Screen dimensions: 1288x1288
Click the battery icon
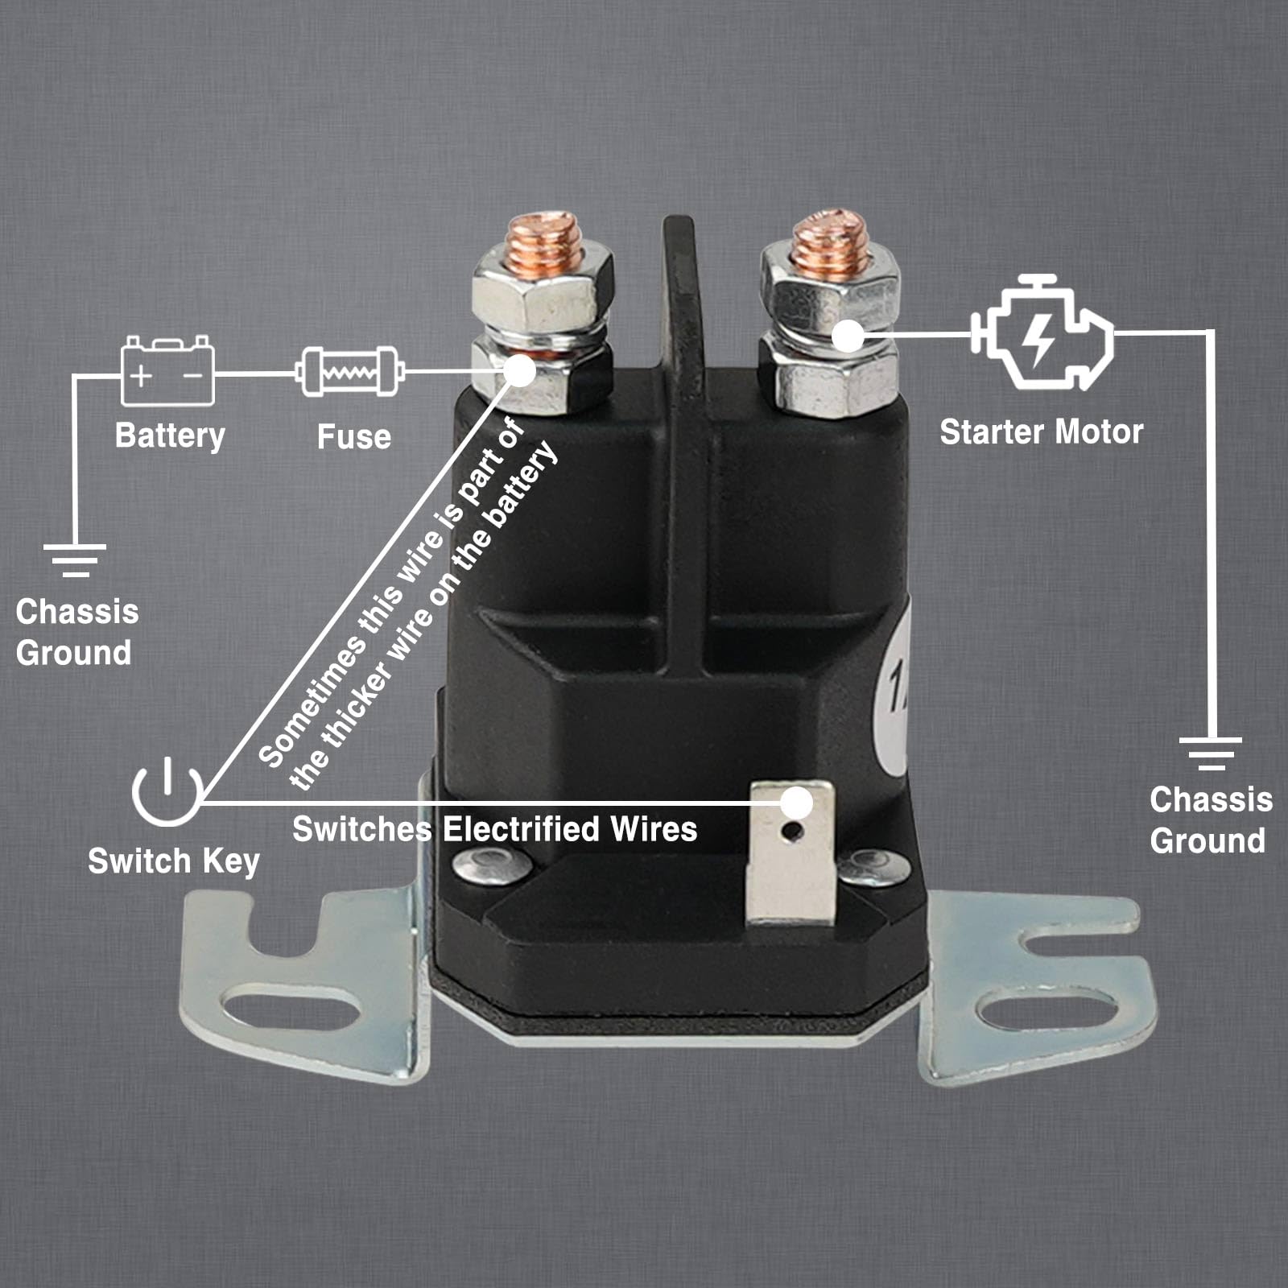tap(167, 371)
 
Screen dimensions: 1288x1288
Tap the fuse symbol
tap(349, 371)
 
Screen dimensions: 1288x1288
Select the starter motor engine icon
tap(1042, 332)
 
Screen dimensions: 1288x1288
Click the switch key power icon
tap(167, 791)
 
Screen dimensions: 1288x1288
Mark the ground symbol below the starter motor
tap(1210, 752)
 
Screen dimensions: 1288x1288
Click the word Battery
tap(170, 436)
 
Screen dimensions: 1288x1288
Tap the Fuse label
tap(353, 437)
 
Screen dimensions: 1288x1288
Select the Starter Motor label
tap(1042, 432)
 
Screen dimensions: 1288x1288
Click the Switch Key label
tap(173, 861)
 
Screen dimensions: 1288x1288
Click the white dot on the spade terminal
tap(797, 803)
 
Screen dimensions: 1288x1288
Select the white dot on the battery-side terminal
tap(520, 371)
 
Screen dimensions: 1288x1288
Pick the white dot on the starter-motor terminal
tap(847, 335)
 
